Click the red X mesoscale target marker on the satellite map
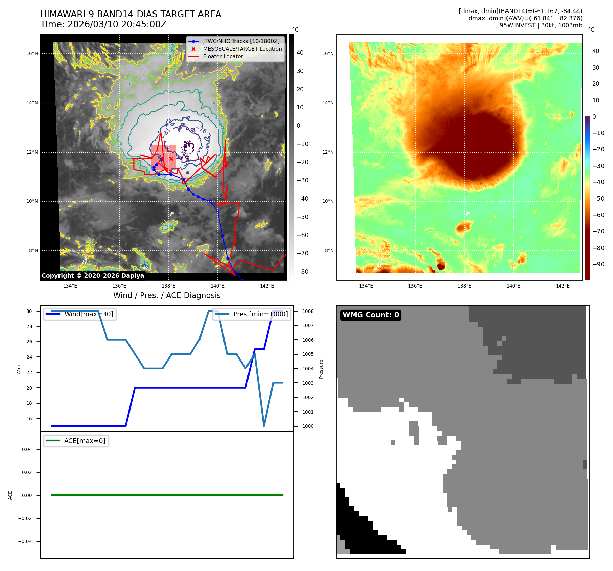point(171,159)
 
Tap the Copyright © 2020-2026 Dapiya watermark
point(93,276)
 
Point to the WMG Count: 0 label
point(371,315)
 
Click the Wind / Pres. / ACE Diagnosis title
point(167,295)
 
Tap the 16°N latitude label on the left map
point(32,53)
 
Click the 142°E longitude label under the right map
point(563,286)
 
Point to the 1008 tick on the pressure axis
point(308,311)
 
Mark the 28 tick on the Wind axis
point(29,326)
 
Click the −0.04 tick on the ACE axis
point(25,541)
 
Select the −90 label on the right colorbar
point(598,264)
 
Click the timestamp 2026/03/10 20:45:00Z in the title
point(117,24)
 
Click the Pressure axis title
point(321,369)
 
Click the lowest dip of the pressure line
point(264,426)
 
